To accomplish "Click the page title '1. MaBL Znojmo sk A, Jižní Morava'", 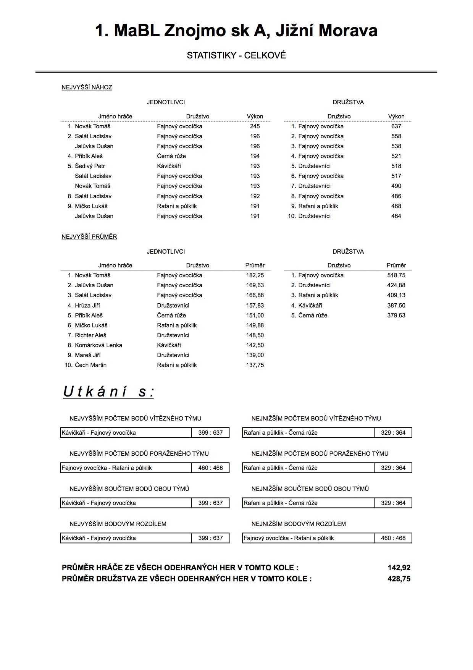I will coord(236,31).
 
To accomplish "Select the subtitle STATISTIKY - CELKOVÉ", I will coord(236,55).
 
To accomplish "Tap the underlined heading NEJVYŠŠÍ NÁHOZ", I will coord(87,87).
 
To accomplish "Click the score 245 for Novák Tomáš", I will coord(255,126).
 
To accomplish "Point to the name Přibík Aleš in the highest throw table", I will coord(89,156).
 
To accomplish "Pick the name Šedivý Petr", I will coord(90,166).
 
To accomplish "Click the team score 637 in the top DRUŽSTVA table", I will coord(396,126).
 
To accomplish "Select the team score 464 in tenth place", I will coord(396,216).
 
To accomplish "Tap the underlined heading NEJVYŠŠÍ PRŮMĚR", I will coord(89,237).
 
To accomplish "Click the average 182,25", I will coord(255,275).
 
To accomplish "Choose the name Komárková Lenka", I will coord(98,345).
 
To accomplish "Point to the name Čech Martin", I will coord(90,365).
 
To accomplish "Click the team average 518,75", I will coord(396,275).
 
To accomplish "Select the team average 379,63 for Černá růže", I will coord(396,316).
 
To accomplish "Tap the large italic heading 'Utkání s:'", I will coord(108,392).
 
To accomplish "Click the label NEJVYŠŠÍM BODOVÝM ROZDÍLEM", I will coord(118,524).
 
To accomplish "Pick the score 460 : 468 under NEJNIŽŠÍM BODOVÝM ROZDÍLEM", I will coord(393,538).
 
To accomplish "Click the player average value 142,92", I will coord(399,568).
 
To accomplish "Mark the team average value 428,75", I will coord(399,579).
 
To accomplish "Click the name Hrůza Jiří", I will coord(87,306).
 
